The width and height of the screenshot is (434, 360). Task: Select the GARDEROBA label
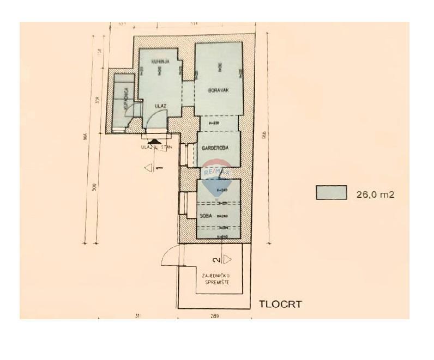[214, 148]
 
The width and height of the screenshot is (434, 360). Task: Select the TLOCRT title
[280, 304]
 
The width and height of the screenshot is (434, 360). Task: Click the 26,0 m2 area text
[375, 193]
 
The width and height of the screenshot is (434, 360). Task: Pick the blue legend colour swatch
[331, 193]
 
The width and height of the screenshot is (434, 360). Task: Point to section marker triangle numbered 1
[148, 168]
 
